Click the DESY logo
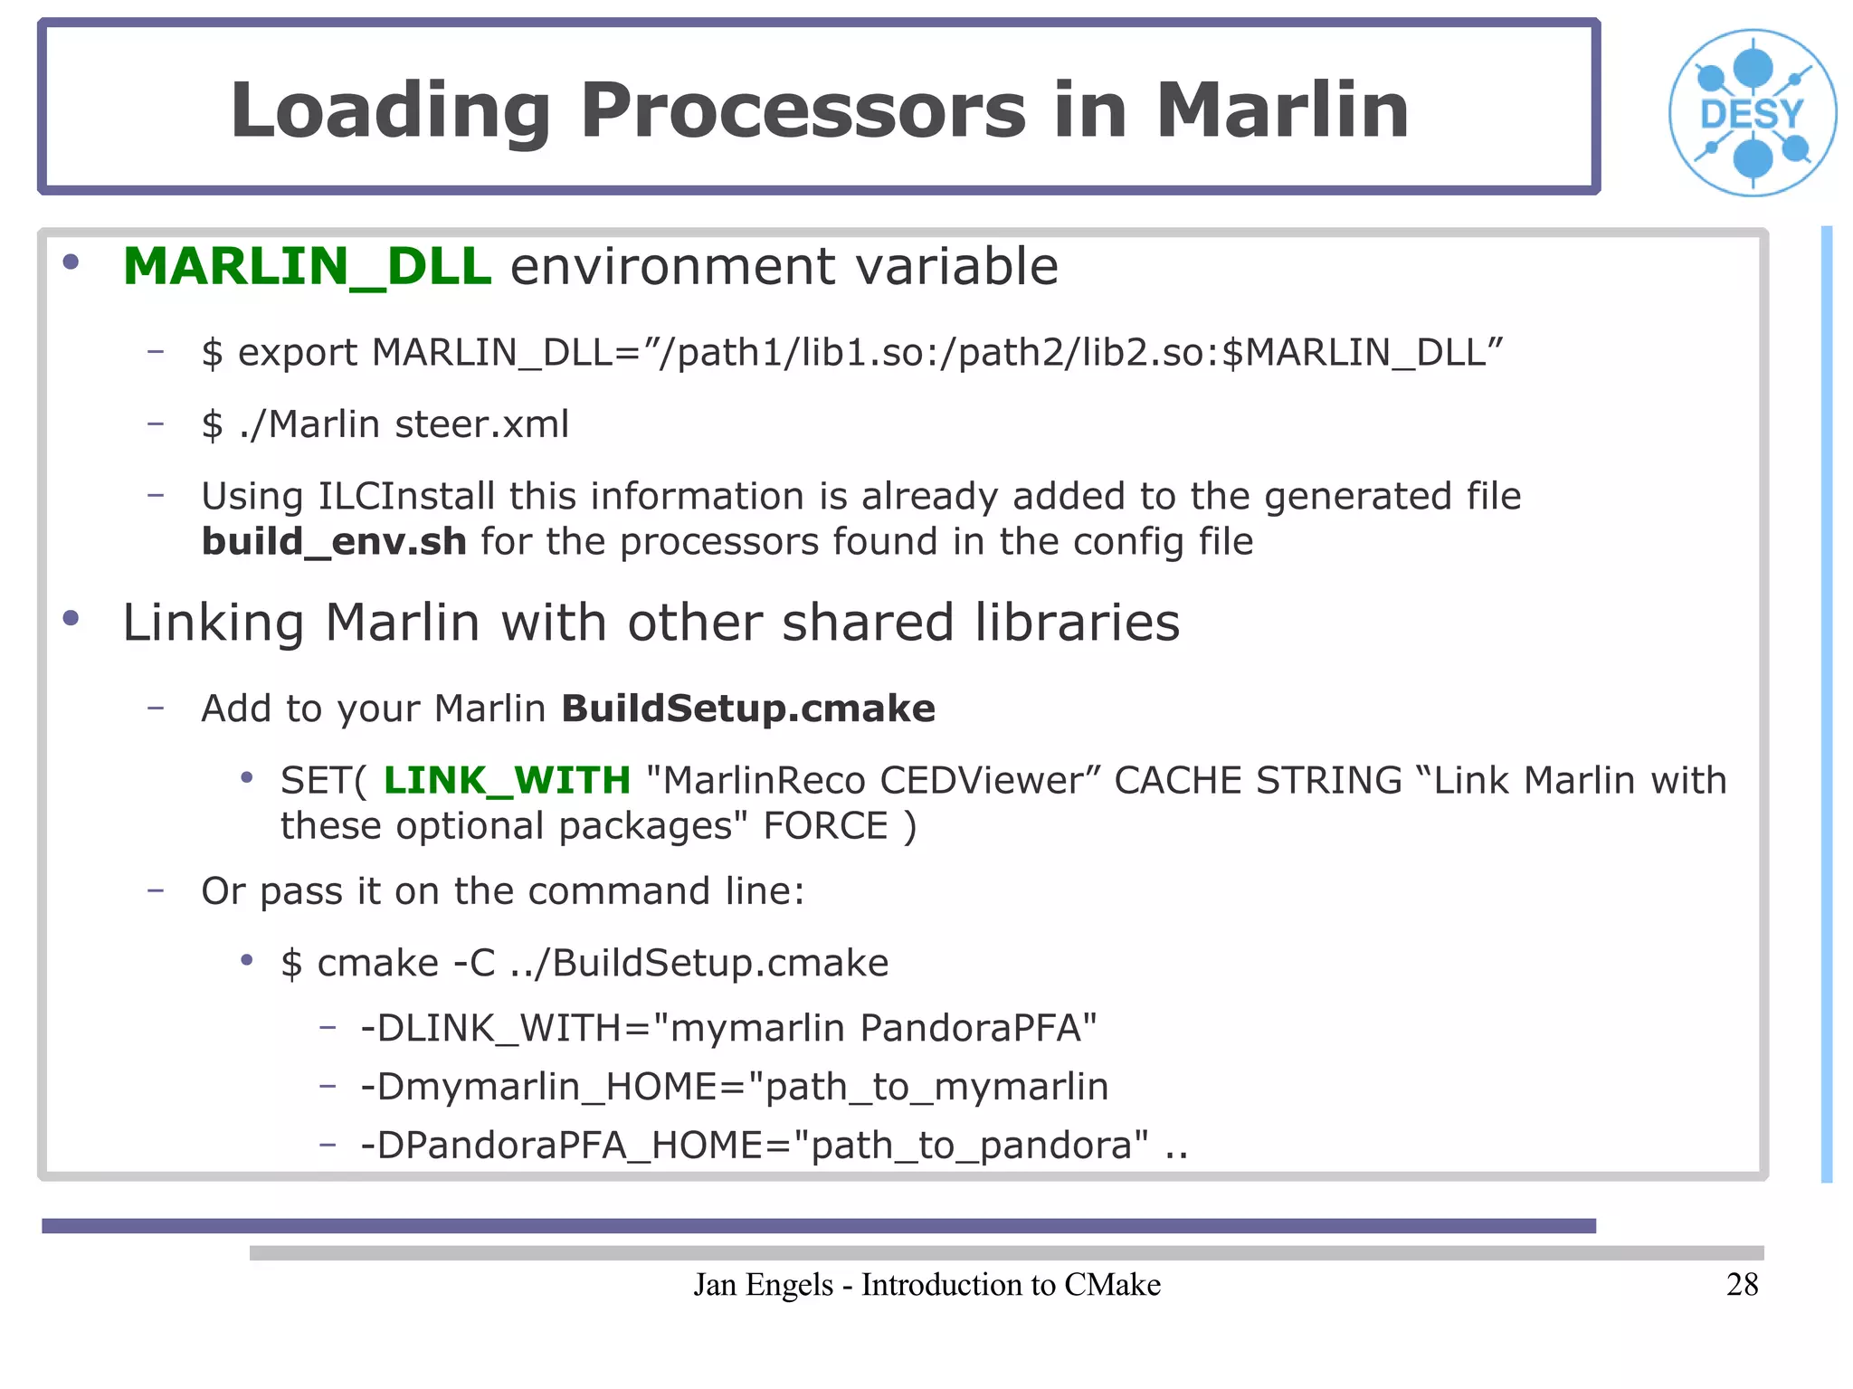[1753, 113]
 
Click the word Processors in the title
[803, 110]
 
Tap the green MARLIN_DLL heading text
[307, 267]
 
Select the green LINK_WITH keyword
[507, 780]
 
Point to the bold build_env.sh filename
[334, 542]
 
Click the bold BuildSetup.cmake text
[748, 709]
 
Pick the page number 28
[1742, 1284]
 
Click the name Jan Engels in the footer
[763, 1285]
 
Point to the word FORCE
[825, 826]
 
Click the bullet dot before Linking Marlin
[71, 619]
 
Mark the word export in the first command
[298, 353]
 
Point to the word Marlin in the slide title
[1282, 110]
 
